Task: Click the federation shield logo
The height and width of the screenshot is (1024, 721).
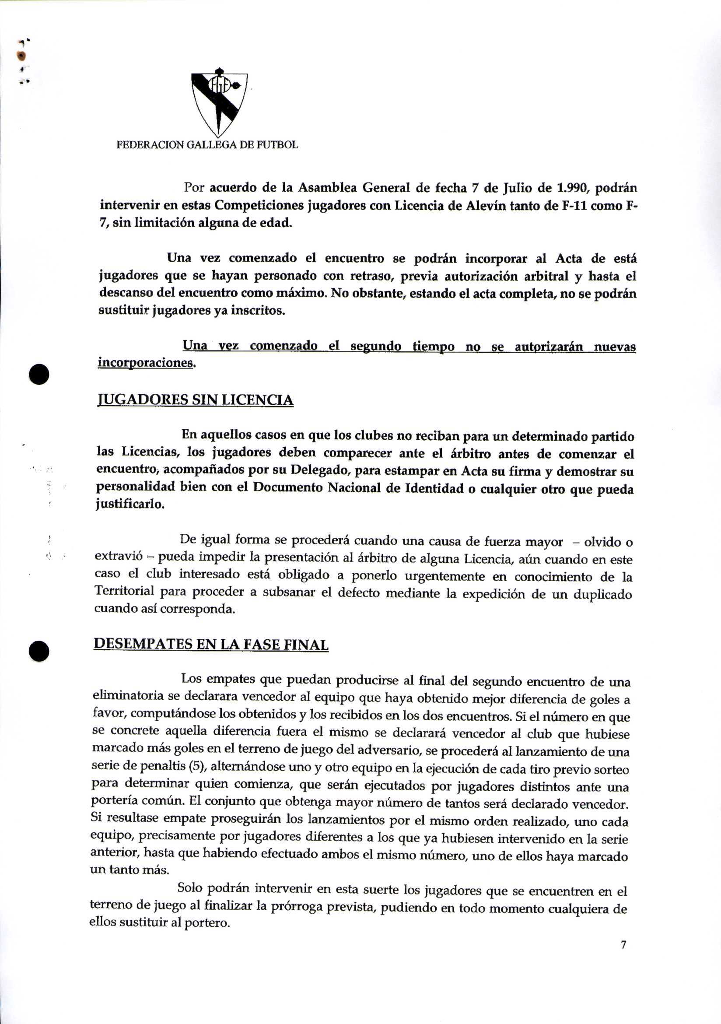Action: pos(219,103)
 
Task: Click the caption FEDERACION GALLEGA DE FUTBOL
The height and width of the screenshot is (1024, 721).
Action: pos(207,145)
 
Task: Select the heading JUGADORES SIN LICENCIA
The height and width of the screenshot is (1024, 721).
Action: pos(195,400)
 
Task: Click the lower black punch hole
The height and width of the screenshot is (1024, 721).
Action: pos(39,652)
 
